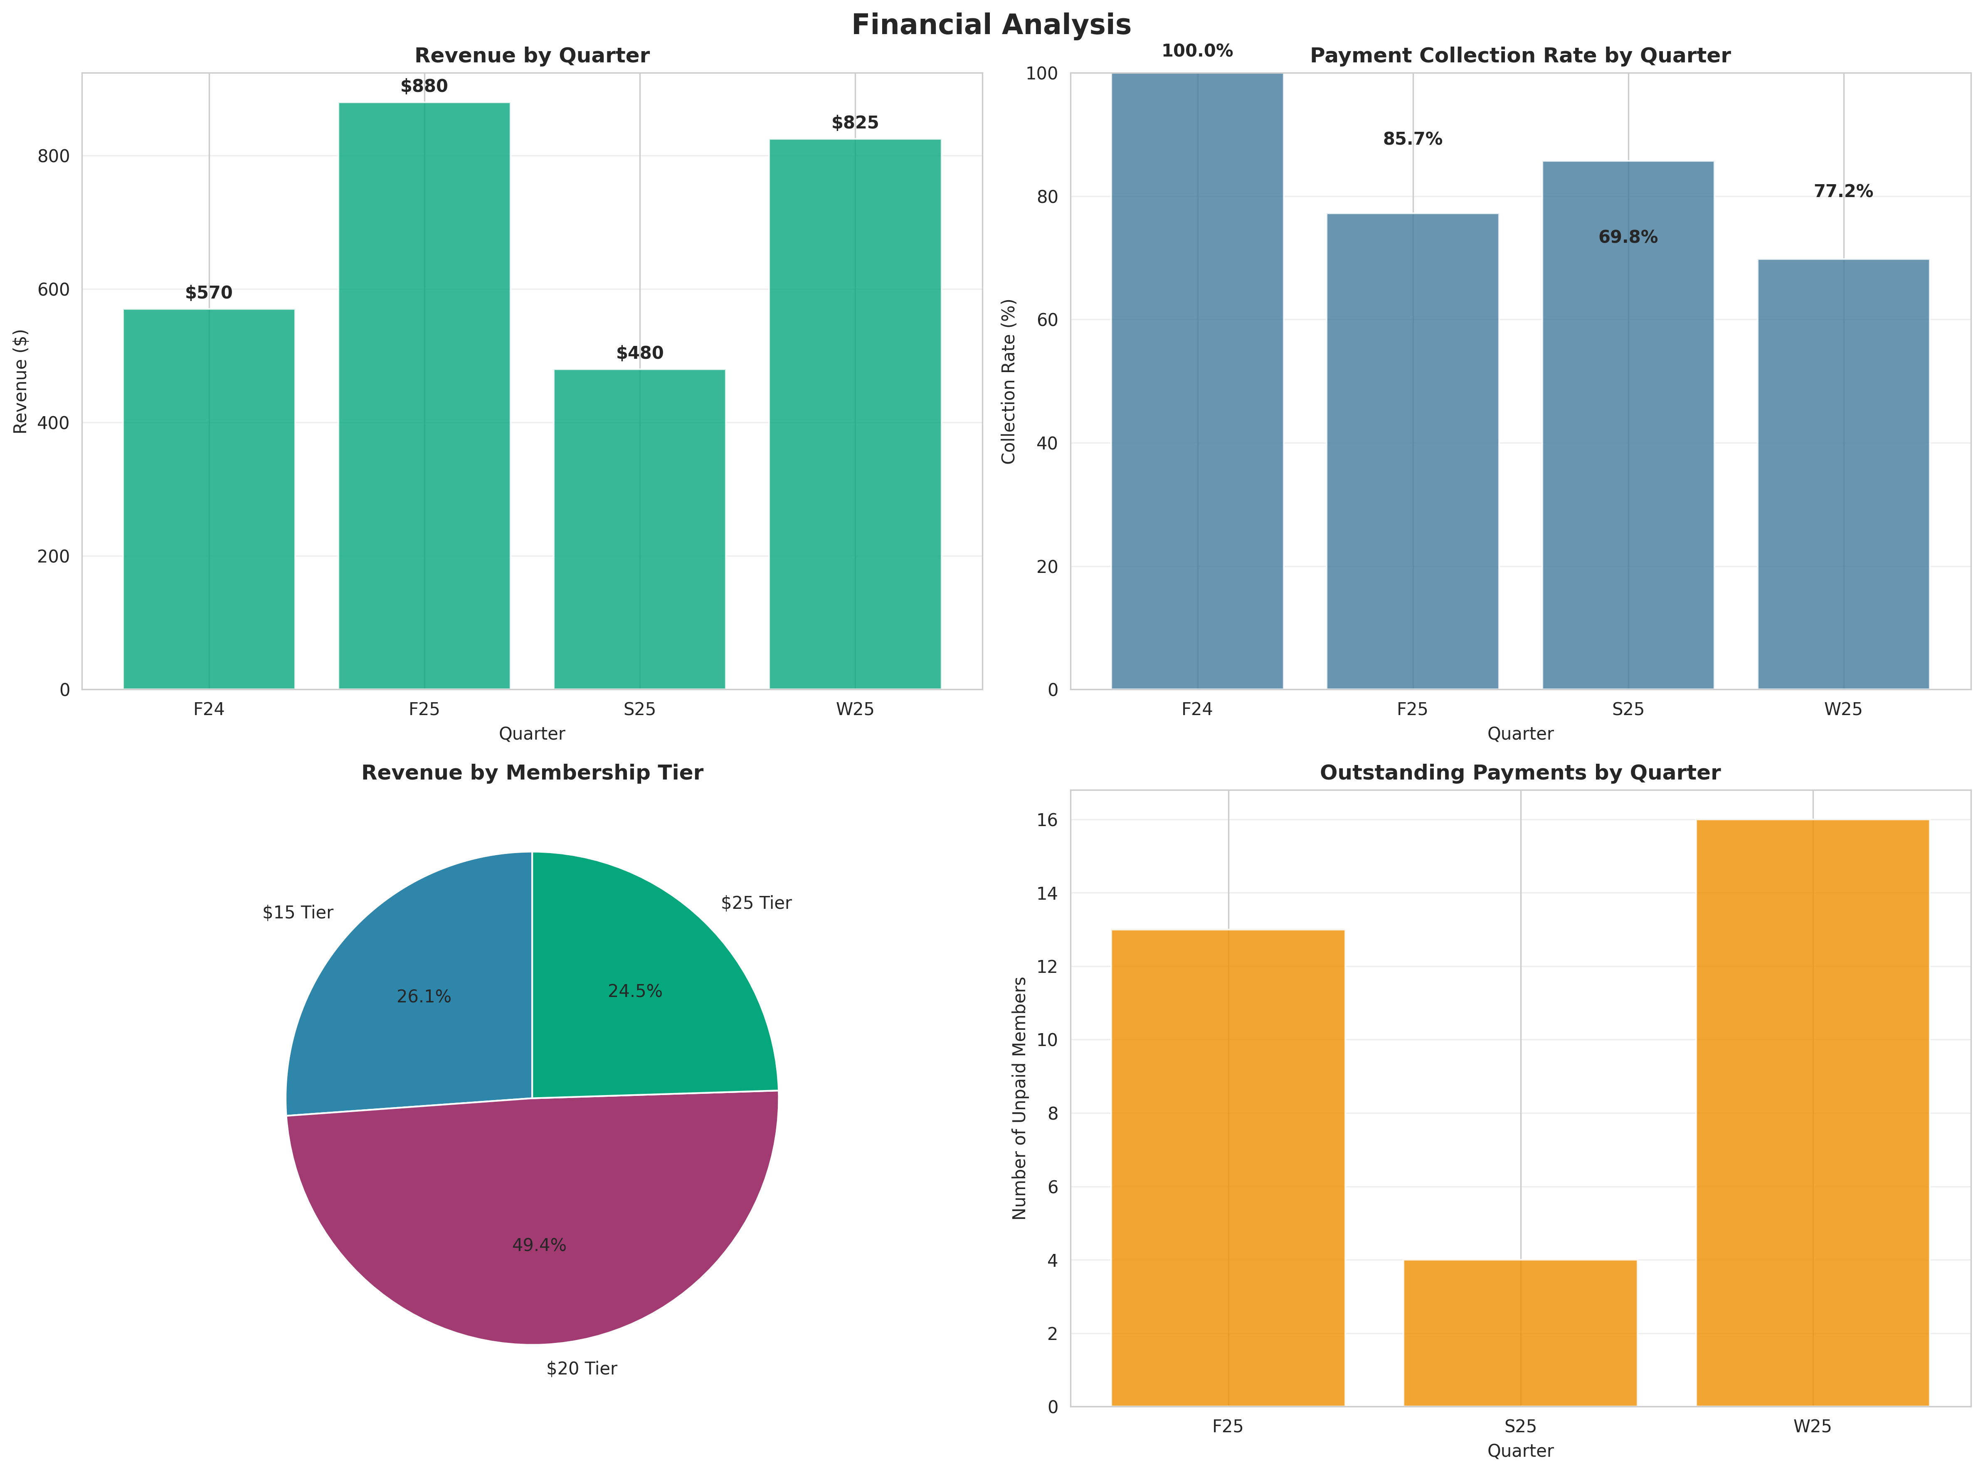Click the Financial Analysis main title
(991, 25)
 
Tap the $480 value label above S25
(639, 353)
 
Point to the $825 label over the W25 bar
(854, 123)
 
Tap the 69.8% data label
(1627, 237)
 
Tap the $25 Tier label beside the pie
(756, 903)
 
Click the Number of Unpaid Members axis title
(1019, 1098)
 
